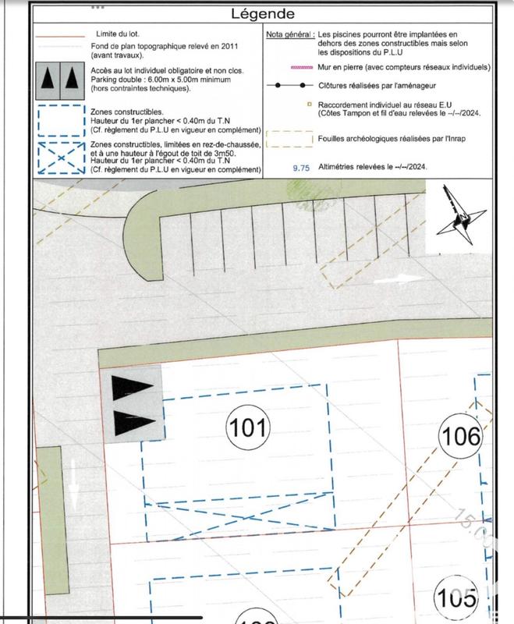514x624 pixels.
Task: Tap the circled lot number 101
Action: click(247, 427)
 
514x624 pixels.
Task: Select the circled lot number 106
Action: click(460, 436)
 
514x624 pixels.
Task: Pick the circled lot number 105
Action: click(456, 598)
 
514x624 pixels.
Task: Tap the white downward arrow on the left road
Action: click(73, 483)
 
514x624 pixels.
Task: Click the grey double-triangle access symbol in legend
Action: click(61, 78)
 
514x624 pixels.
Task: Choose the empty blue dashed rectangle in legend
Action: click(61, 121)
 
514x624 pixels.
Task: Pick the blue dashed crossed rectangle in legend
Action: click(61, 158)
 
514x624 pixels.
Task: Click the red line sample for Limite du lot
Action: click(61, 36)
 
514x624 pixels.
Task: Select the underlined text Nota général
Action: click(289, 36)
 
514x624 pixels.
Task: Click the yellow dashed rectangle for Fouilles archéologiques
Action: click(290, 137)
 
